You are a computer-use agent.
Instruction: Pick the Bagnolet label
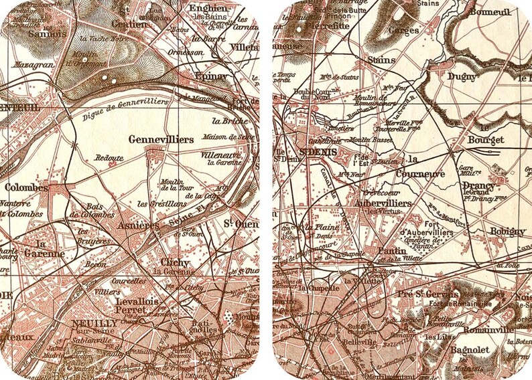[x=470, y=349]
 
